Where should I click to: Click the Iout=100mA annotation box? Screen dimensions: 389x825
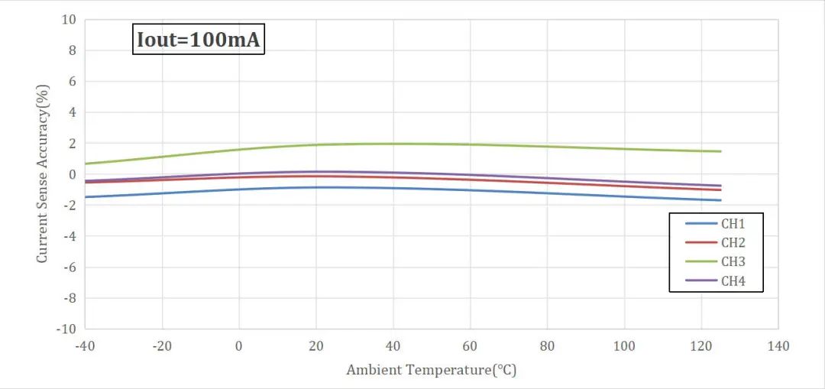point(199,41)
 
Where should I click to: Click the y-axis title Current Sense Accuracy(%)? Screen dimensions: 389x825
point(43,174)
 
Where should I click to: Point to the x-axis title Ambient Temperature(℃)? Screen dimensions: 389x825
point(432,371)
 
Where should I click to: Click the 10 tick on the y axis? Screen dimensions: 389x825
point(69,20)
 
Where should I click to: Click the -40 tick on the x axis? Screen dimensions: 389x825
point(84,346)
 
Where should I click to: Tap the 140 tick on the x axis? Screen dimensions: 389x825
point(778,346)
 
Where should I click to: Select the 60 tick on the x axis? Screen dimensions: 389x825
point(470,346)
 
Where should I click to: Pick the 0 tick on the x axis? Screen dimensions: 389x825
point(239,346)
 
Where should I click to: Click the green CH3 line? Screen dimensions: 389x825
point(393,144)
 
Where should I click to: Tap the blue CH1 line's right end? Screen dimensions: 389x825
point(720,200)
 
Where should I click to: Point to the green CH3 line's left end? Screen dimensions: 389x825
point(86,164)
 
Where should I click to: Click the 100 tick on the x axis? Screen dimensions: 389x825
point(624,346)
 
